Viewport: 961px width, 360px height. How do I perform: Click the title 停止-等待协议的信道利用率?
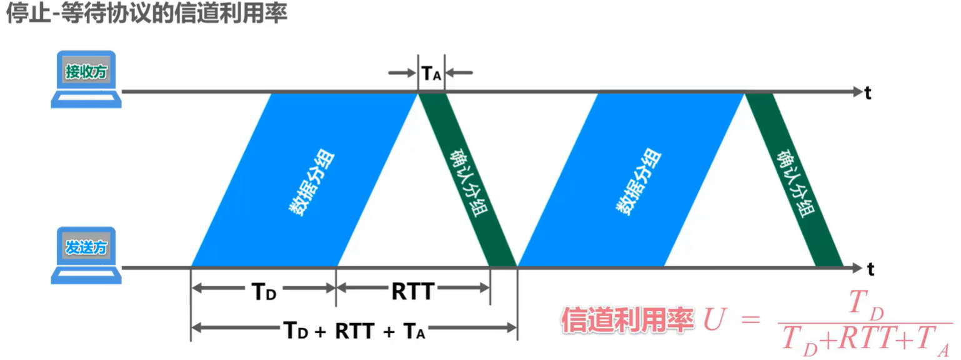pos(147,14)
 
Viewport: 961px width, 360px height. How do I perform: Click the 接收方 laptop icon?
pos(86,79)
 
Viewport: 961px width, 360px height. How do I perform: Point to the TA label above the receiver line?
pos(431,74)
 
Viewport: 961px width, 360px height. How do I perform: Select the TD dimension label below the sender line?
pos(263,291)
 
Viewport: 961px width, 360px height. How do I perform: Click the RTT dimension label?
pos(412,291)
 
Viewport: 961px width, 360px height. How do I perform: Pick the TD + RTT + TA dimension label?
pos(355,329)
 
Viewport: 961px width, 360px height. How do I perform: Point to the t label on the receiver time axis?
pos(869,94)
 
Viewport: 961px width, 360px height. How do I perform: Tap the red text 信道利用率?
pos(627,320)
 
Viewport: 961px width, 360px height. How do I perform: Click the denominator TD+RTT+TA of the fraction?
pos(865,341)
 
